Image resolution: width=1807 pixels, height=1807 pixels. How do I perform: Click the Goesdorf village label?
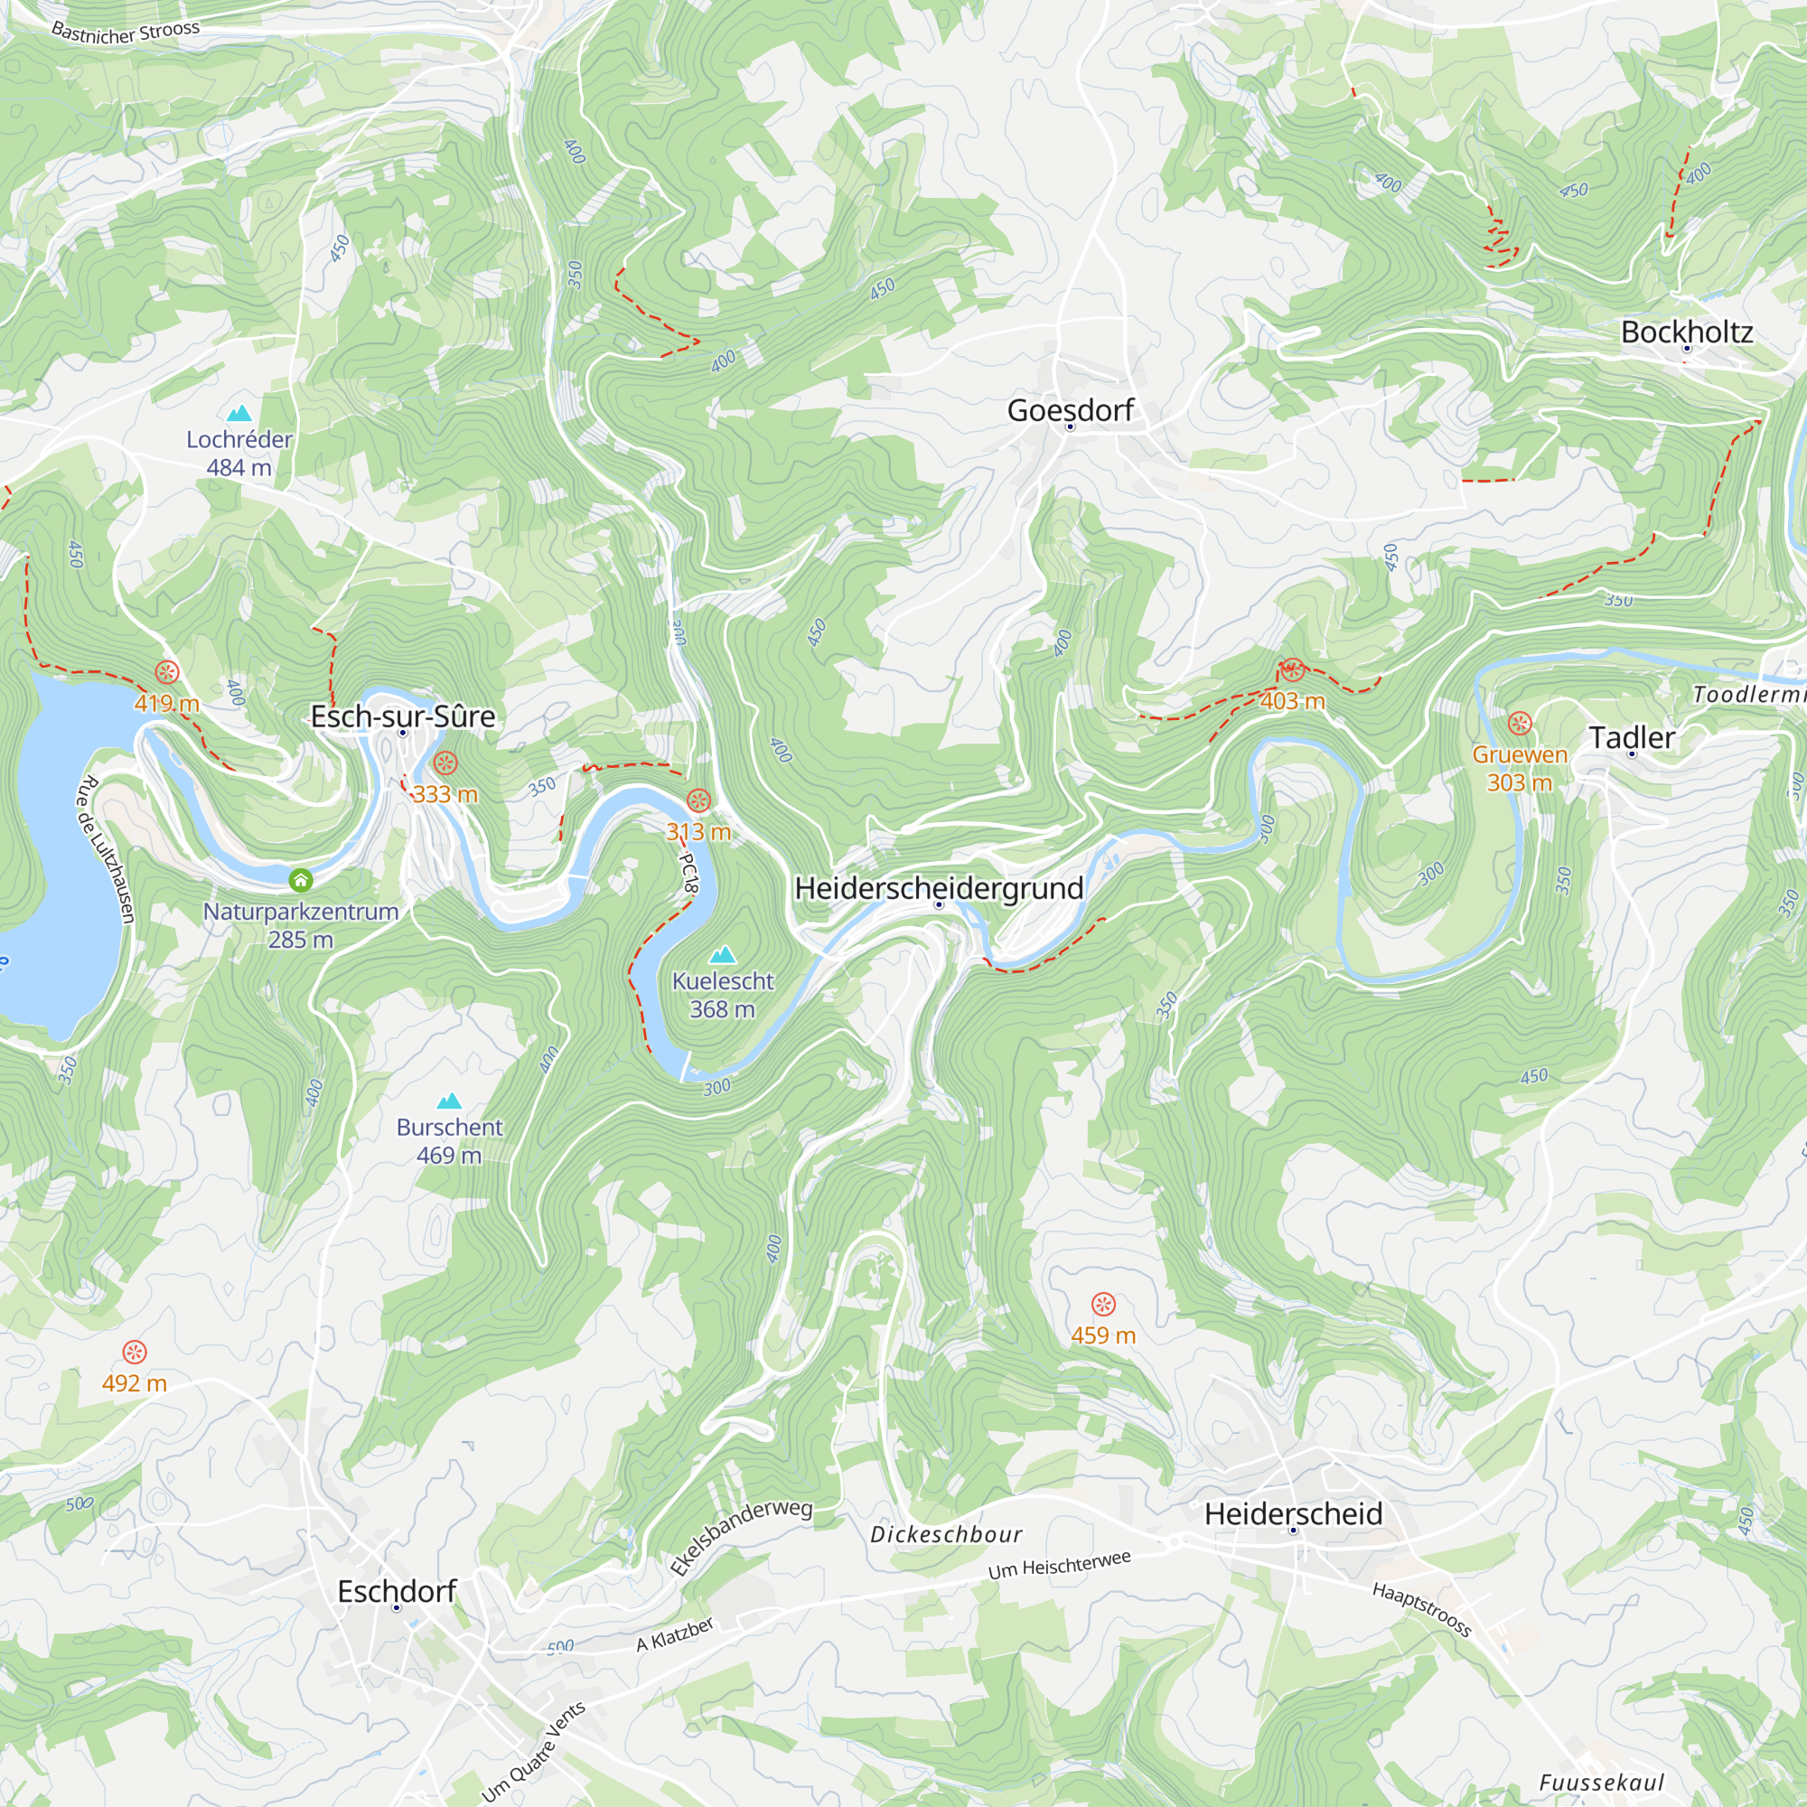tap(1070, 410)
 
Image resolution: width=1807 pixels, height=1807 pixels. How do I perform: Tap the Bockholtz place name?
tap(1686, 332)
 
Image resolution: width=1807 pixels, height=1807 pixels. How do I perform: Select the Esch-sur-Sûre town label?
tap(402, 716)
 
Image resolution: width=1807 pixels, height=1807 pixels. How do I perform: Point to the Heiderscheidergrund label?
tap(938, 887)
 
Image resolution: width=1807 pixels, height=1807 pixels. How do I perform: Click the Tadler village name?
tap(1631, 738)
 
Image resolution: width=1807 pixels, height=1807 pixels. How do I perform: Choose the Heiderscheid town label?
tap(1293, 1513)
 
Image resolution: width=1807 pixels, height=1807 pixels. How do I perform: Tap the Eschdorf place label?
tap(397, 1591)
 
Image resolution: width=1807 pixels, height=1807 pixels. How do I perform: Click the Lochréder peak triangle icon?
tap(239, 413)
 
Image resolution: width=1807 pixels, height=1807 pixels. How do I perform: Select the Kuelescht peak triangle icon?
tap(722, 955)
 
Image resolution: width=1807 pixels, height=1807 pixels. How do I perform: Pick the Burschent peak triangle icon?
tap(449, 1100)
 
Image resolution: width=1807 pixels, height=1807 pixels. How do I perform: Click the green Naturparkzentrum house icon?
tap(300, 880)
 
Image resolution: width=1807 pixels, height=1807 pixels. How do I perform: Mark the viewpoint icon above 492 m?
tap(135, 1352)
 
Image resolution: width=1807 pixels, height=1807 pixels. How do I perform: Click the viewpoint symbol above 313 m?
tap(698, 801)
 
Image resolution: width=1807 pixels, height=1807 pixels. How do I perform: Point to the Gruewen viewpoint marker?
tap(1520, 723)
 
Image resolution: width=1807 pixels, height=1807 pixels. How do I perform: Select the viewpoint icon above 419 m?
tap(166, 671)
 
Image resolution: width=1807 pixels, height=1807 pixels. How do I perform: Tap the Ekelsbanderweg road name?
tap(741, 1537)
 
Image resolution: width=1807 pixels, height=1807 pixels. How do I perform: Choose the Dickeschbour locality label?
tap(946, 1535)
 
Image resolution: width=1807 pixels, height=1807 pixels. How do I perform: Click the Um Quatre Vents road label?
tap(533, 1751)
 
